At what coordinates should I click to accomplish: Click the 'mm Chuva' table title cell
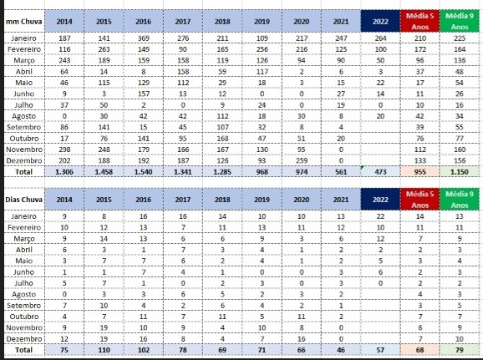tap(23, 22)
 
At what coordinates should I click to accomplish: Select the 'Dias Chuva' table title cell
tap(23, 200)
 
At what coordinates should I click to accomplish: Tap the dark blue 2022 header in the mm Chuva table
tap(380, 21)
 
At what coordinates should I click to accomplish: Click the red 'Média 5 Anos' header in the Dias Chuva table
tap(419, 200)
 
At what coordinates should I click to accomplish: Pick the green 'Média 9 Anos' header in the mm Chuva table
tap(460, 21)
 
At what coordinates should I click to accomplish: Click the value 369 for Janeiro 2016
tap(144, 38)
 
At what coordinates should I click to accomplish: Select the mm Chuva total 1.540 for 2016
tap(144, 172)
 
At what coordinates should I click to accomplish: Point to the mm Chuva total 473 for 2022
tap(380, 172)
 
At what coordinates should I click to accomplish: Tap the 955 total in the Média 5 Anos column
tap(419, 172)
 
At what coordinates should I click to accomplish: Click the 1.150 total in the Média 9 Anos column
tap(460, 172)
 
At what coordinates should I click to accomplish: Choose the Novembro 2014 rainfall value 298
tap(64, 150)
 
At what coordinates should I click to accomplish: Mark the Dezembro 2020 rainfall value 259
tap(302, 160)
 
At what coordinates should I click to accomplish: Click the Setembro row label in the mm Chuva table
tap(23, 127)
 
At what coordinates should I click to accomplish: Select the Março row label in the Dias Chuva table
tap(23, 239)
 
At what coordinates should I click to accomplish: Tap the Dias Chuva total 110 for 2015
tap(104, 350)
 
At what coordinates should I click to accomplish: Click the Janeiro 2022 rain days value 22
tap(380, 216)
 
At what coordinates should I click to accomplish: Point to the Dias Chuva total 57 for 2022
tap(380, 350)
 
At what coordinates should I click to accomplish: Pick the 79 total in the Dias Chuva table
tap(460, 350)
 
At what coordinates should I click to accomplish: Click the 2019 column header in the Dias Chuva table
tap(262, 200)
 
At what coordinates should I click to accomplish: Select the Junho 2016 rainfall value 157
tap(144, 94)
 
